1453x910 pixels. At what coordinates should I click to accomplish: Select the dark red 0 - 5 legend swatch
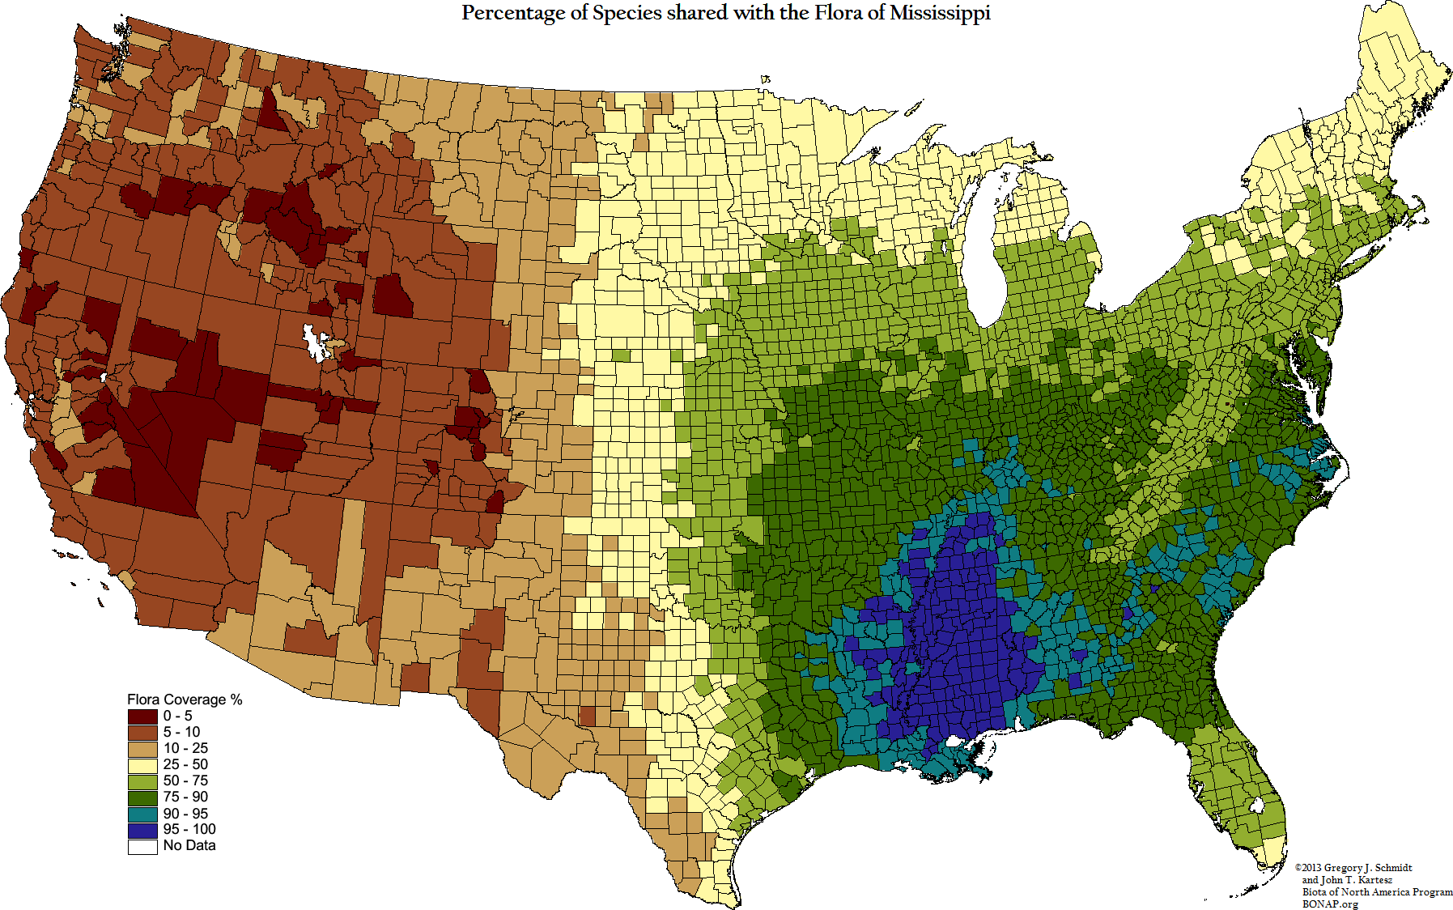tap(142, 717)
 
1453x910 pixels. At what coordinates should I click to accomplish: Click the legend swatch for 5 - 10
tap(142, 733)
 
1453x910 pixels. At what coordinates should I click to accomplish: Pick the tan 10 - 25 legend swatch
tap(142, 749)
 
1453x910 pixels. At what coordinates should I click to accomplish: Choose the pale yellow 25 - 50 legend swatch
tap(142, 765)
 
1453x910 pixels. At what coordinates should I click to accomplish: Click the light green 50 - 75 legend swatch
tap(142, 781)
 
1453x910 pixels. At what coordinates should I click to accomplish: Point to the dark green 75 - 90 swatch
tap(142, 797)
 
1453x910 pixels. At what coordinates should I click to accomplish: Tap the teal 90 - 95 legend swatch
tap(142, 814)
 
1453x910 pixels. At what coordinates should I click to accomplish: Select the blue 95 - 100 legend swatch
tap(142, 830)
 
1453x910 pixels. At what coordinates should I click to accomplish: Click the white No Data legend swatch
tap(142, 846)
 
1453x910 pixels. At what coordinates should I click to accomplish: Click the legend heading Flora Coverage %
tap(185, 700)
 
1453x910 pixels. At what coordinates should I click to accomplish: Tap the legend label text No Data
tap(189, 845)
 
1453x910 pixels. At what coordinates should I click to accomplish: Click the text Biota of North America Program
tap(1377, 892)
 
